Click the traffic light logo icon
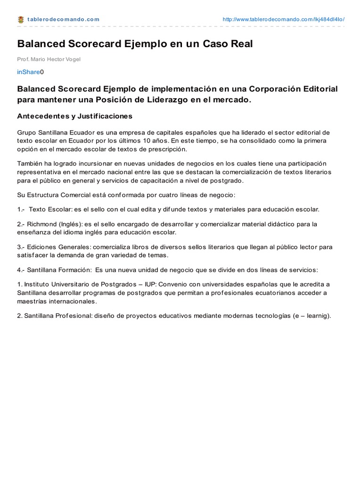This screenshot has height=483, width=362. [x=21, y=19]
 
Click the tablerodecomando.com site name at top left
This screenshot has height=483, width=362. [x=64, y=19]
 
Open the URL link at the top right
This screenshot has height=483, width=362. [x=283, y=19]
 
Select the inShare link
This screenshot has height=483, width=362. [x=28, y=72]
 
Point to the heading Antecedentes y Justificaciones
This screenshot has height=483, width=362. [x=75, y=116]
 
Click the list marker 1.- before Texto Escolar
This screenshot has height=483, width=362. [x=21, y=208]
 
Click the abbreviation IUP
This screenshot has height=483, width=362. [x=150, y=284]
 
